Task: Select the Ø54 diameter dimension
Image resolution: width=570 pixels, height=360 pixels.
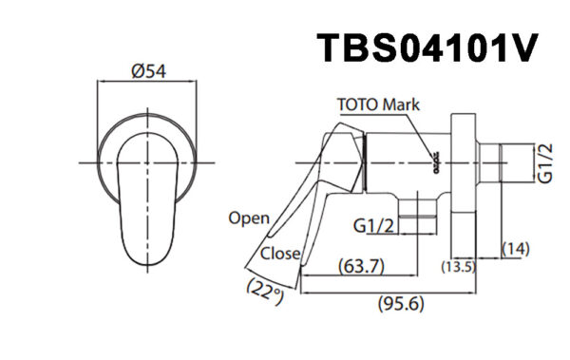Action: click(148, 70)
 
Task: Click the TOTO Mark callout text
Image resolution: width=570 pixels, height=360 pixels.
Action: click(378, 105)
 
